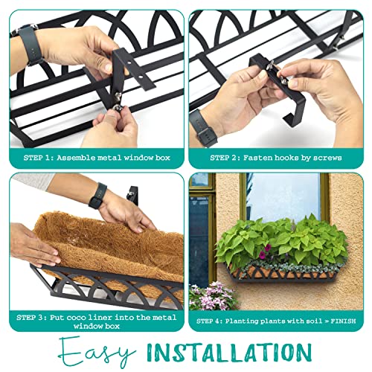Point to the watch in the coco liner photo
click(97, 196)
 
